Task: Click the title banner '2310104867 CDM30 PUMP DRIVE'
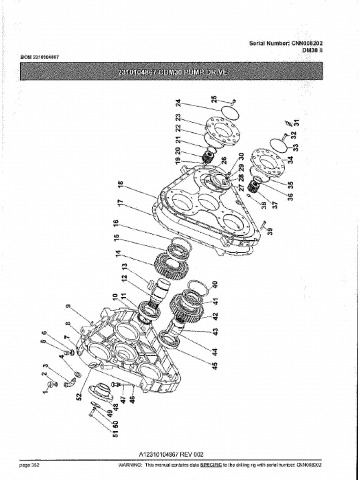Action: click(x=172, y=72)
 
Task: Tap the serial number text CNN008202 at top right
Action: click(x=307, y=43)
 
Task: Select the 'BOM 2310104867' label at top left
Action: click(x=39, y=57)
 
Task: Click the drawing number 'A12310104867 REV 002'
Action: click(x=172, y=454)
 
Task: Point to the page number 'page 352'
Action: click(x=29, y=465)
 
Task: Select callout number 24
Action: click(x=178, y=103)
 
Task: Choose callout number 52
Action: click(x=79, y=395)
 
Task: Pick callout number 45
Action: click(x=215, y=365)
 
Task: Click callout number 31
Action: click(x=296, y=123)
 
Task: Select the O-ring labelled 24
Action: click(x=230, y=112)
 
